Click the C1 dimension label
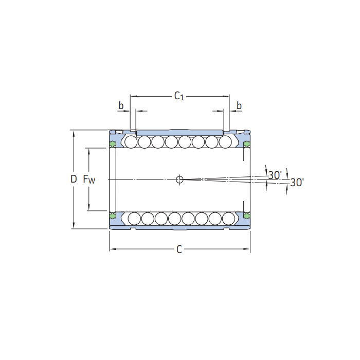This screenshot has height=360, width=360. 179,96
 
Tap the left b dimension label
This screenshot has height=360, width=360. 121,105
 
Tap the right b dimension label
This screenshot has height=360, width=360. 239,105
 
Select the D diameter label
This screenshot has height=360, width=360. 74,179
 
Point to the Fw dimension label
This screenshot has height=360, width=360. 89,179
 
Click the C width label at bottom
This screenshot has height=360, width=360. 179,249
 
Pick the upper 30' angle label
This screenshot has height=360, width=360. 275,175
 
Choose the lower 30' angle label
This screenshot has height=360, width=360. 297,183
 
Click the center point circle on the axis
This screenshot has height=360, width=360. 179,179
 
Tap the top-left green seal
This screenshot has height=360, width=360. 113,144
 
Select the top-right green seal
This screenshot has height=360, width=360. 246,144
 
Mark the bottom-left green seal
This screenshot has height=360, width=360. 113,216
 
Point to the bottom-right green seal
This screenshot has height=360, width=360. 246,216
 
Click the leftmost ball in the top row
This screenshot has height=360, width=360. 131,142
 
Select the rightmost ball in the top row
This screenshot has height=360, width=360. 225,142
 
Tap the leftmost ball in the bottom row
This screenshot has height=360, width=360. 134,219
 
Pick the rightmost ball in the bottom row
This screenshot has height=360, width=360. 229,219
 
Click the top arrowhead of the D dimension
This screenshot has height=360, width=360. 74,133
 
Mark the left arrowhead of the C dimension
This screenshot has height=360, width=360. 113,249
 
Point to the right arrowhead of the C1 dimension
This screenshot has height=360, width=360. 226,97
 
